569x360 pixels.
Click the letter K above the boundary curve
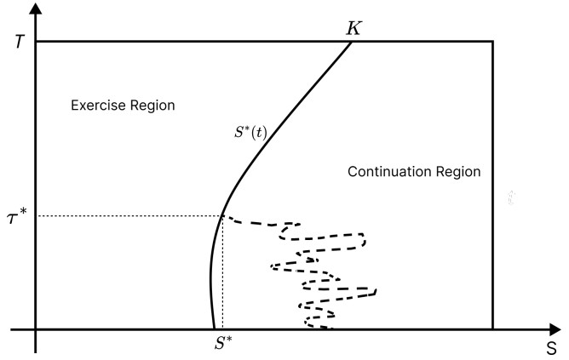353,28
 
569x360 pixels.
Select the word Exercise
97,106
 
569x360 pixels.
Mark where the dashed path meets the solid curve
223,216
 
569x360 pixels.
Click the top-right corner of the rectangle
493,41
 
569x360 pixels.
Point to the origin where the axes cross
36,329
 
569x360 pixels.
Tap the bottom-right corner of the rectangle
493,329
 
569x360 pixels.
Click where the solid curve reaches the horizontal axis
213,329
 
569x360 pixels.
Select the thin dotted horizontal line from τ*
128,216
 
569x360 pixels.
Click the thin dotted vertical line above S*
222,272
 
